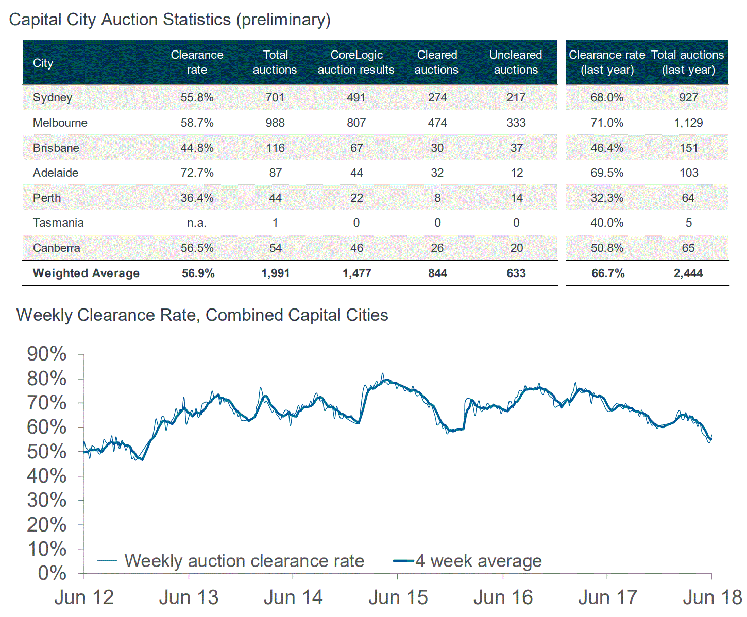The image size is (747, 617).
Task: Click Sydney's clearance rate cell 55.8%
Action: (x=197, y=97)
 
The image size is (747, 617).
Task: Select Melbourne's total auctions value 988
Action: (x=275, y=123)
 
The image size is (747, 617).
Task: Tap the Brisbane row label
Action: (x=56, y=148)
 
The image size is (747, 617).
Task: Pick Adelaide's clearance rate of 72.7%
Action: (x=197, y=173)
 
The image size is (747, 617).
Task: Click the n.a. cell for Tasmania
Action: (x=197, y=222)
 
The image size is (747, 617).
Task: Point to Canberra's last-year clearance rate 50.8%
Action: (x=607, y=248)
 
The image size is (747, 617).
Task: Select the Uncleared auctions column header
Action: (x=516, y=62)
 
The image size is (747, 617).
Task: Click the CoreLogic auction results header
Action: (x=356, y=62)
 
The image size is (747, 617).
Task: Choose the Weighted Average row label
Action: (x=86, y=273)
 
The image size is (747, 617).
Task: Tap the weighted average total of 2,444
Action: (x=688, y=273)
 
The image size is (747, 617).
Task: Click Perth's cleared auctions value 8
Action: (x=437, y=198)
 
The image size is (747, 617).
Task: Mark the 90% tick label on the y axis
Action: (x=47, y=354)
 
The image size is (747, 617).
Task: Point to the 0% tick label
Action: (x=52, y=573)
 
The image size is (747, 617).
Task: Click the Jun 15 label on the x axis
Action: (x=398, y=597)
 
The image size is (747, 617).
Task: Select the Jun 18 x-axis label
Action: (x=712, y=597)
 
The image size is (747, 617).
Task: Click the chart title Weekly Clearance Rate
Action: (x=202, y=315)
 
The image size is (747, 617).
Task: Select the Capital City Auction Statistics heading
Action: (x=170, y=20)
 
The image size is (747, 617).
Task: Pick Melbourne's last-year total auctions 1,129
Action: (x=688, y=123)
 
